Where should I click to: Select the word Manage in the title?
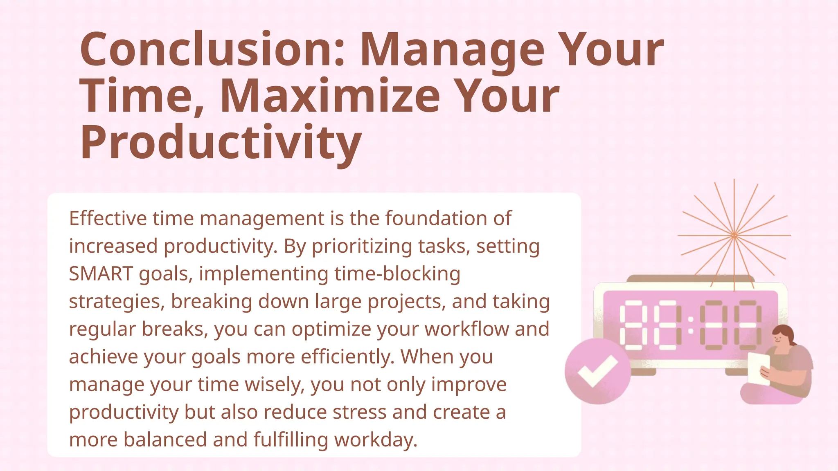click(x=452, y=50)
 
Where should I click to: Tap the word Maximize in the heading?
click(x=330, y=96)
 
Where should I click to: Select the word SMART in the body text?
click(x=101, y=274)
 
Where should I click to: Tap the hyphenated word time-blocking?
click(x=397, y=274)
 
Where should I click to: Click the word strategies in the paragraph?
click(x=117, y=302)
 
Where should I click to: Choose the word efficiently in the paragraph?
click(x=347, y=357)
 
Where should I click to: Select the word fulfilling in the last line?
click(x=291, y=440)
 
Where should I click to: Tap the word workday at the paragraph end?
click(x=376, y=440)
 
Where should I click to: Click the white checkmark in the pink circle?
click(x=597, y=371)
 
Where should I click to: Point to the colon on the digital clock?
click(x=691, y=325)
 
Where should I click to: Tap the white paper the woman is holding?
click(x=758, y=368)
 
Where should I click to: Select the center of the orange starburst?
click(x=734, y=235)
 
